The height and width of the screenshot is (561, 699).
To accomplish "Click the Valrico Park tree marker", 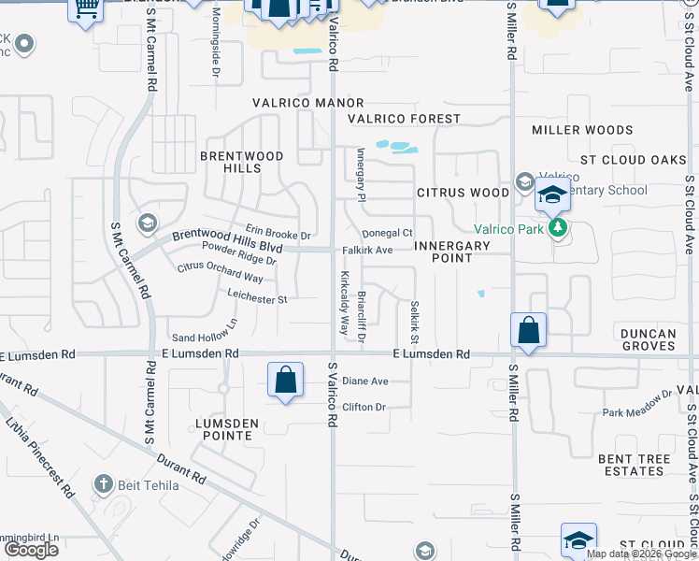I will point(559,227).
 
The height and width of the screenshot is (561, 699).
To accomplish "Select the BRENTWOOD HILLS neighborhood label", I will point(228,161).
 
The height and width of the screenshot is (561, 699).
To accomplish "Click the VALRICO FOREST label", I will point(404,119).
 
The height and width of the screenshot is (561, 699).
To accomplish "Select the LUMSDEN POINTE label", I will point(226,429).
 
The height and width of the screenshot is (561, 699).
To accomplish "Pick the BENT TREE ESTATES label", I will point(634,465).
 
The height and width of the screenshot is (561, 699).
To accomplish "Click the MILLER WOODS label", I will point(581,130).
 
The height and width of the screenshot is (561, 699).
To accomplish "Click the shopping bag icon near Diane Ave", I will point(285,381).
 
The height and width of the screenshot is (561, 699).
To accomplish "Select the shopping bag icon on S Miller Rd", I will point(528,330).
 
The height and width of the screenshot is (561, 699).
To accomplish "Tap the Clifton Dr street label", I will point(364,408).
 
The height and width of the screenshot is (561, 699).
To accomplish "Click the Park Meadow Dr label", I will point(637,405).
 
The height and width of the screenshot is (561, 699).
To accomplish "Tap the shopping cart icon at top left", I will point(85,9).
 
